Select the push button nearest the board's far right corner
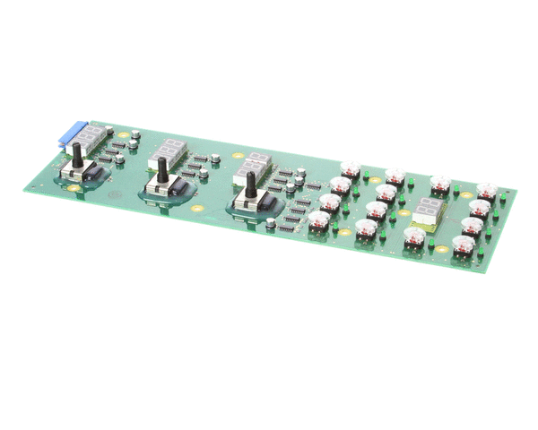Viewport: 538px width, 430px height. pyautogui.click(x=487, y=192)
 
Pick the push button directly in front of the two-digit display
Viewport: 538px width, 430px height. pyautogui.click(x=414, y=236)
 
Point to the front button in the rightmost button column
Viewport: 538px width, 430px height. pyautogui.click(x=464, y=245)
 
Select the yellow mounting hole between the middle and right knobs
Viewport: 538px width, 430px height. pyautogui.click(x=196, y=209)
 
